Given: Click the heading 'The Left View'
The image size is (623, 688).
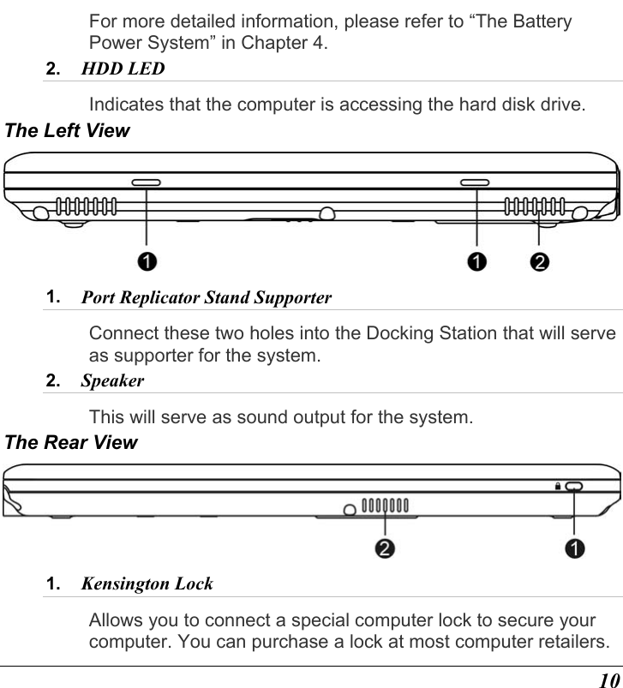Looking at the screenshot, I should [x=67, y=131].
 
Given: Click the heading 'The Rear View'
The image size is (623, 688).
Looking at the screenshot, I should [x=70, y=443].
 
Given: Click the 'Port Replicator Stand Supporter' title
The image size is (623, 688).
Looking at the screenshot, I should [x=206, y=299].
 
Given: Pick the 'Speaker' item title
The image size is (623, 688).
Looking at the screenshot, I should [x=112, y=380].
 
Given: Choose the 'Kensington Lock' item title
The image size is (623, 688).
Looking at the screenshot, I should [x=147, y=584].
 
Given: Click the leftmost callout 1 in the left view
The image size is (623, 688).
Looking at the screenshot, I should [x=147, y=260].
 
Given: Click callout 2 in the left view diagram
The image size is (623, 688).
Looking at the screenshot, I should [x=539, y=260].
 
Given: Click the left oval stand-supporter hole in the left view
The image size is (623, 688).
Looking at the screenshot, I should [x=146, y=182].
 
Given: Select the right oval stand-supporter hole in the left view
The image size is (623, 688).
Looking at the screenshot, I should [x=475, y=182].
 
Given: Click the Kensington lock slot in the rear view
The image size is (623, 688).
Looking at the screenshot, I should [x=573, y=487].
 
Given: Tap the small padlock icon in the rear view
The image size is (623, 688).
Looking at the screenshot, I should [x=557, y=486].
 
